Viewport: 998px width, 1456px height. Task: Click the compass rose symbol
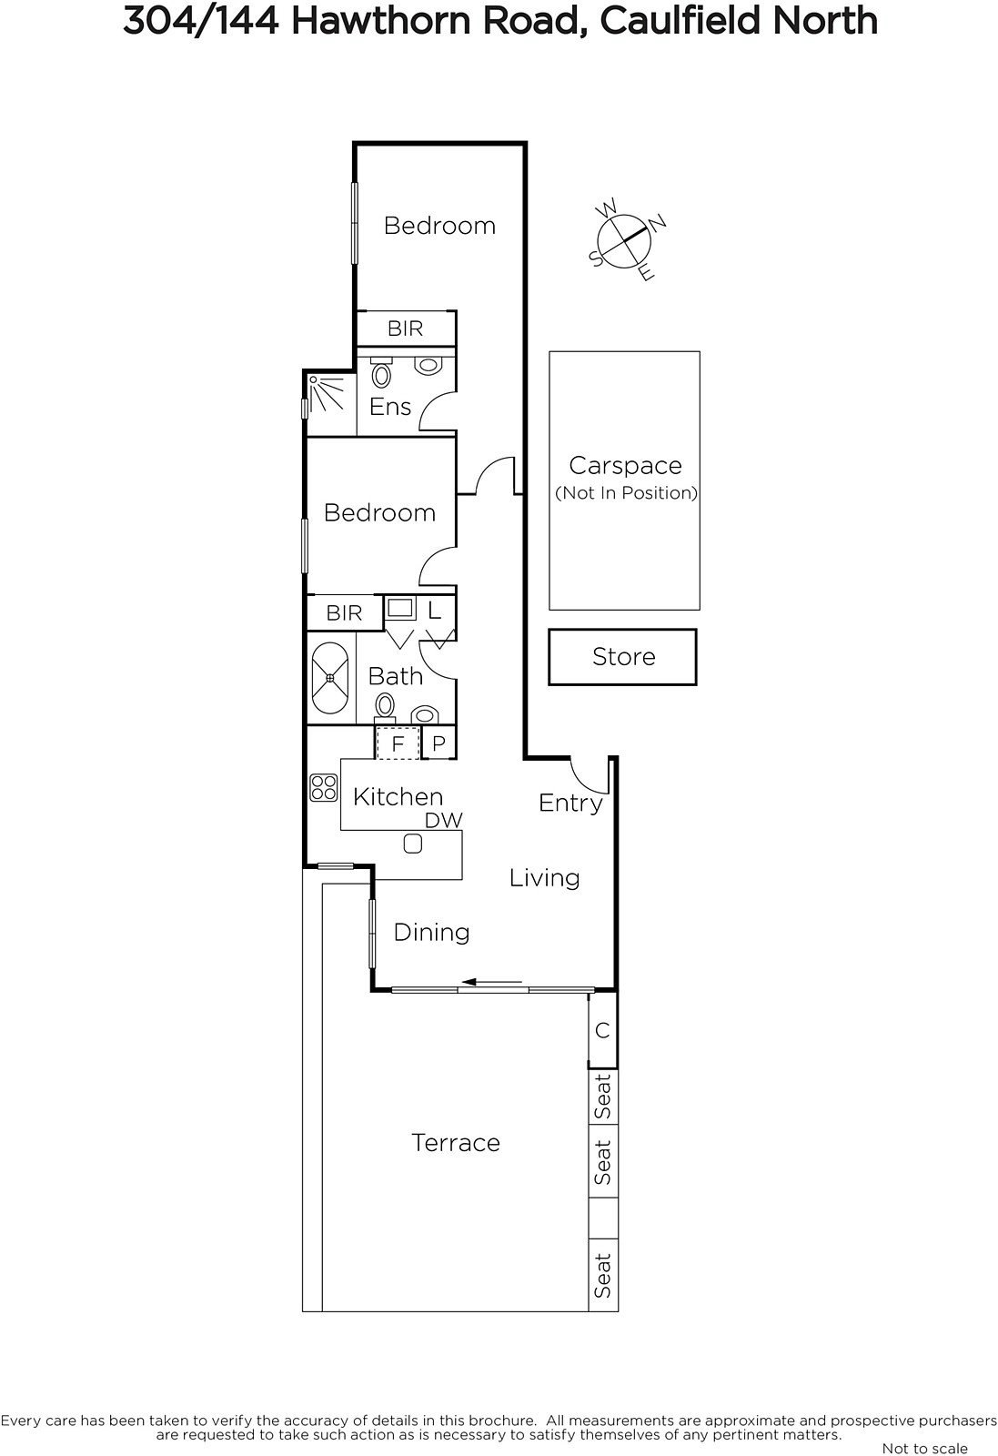[x=624, y=240]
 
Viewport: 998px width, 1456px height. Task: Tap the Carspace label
[x=625, y=465]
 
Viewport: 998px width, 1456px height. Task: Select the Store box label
[x=624, y=656]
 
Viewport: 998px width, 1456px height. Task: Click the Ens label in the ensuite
[x=390, y=407]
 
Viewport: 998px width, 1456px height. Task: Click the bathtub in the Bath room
[x=330, y=678]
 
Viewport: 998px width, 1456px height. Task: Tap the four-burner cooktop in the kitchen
[x=324, y=787]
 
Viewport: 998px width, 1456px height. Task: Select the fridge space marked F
[x=398, y=743]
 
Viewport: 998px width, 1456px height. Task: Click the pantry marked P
[x=439, y=743]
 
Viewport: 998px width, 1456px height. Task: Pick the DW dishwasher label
[x=444, y=820]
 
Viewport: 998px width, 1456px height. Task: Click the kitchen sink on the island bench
[x=413, y=844]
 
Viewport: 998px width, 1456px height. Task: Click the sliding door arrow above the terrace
[x=495, y=982]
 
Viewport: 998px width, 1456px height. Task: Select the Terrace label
[x=456, y=1142]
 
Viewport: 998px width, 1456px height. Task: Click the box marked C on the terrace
[x=602, y=1030]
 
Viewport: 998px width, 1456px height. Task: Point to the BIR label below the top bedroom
[x=406, y=329]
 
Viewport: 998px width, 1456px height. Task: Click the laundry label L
[x=434, y=611]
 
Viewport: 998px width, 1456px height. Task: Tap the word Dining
[x=431, y=933]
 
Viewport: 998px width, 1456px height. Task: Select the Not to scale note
[x=924, y=1448]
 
